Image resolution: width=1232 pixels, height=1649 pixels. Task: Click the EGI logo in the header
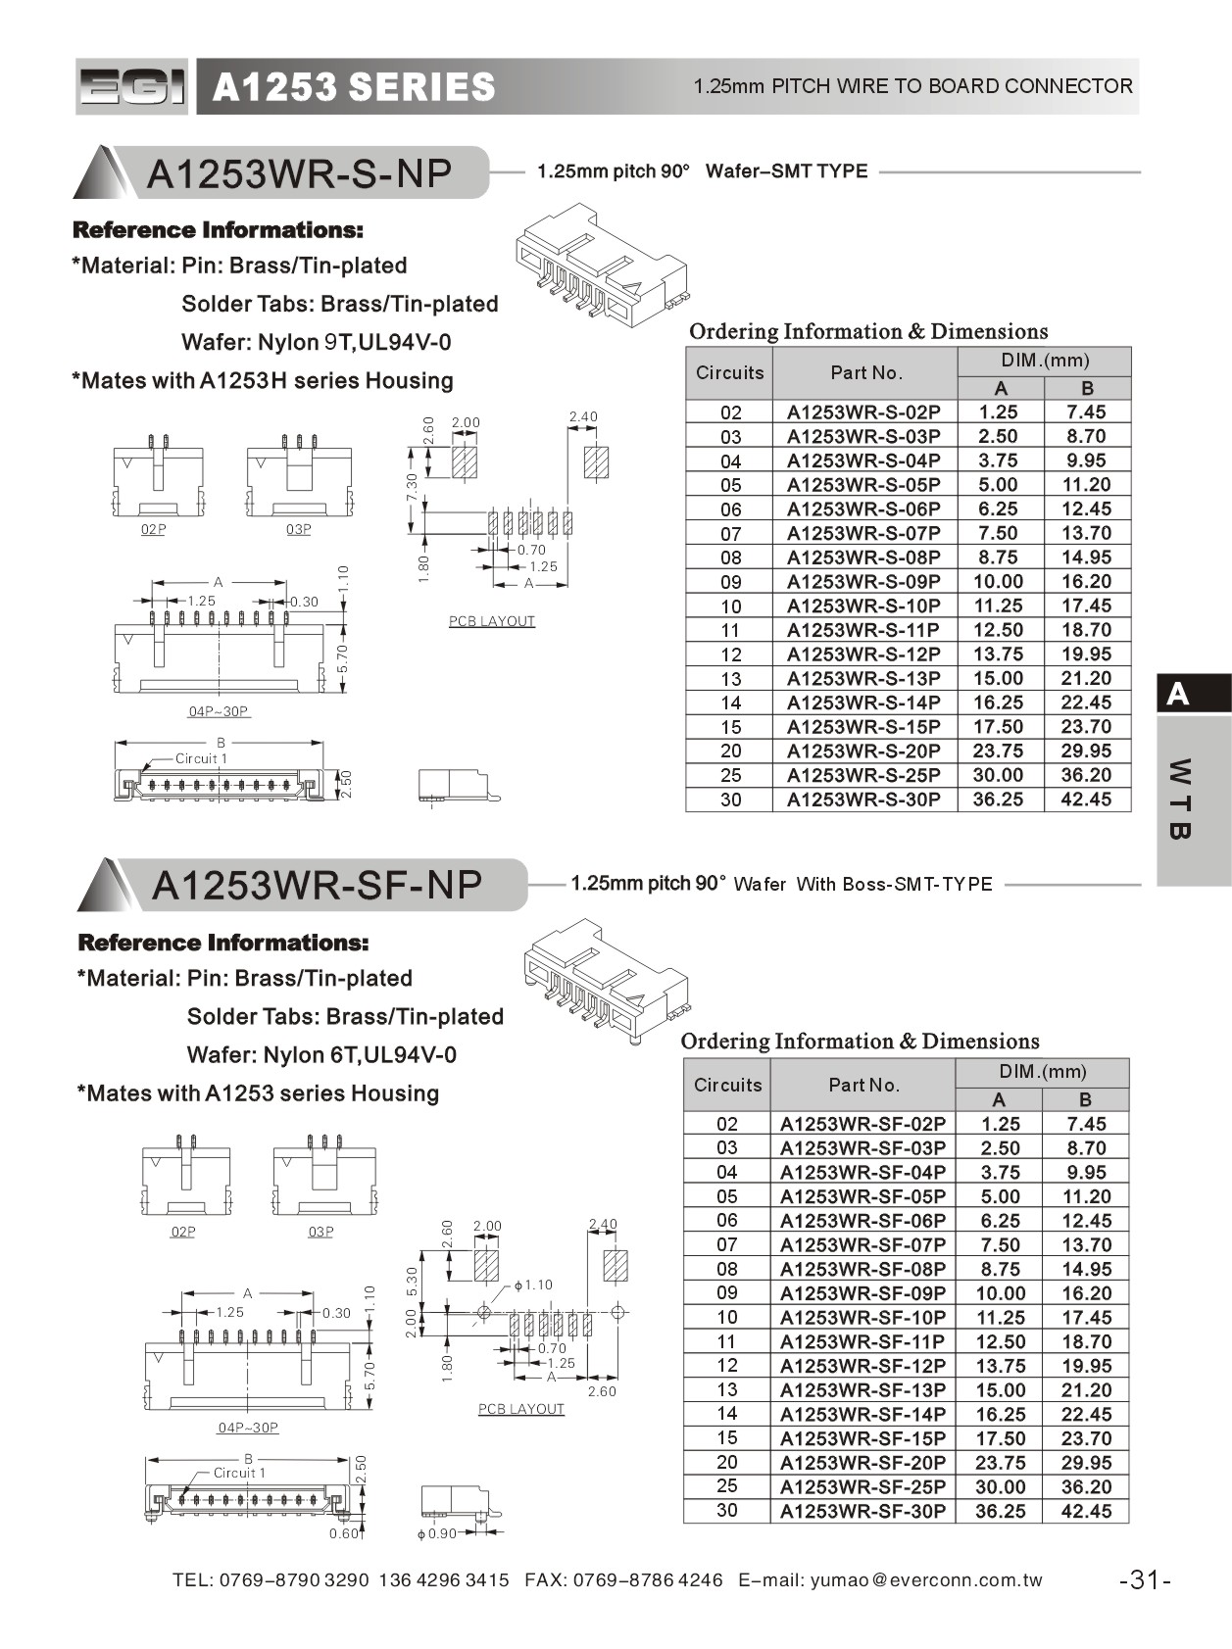[131, 87]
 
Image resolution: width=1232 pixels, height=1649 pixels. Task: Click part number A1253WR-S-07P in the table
[862, 533]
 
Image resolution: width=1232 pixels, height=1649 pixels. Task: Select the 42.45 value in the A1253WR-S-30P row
[1086, 800]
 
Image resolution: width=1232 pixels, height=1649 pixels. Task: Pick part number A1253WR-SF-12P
[862, 1366]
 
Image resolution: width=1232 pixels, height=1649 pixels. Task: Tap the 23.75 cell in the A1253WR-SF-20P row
[1000, 1463]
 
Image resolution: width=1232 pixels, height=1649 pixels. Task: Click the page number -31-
[1145, 1579]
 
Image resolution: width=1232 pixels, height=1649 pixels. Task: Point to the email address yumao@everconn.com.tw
[926, 1579]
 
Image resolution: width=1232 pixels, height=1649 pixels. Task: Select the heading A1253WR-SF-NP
[317, 885]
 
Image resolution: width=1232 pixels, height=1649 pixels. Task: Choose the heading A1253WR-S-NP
[299, 173]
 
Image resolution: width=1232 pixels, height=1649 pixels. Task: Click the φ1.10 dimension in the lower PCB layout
[533, 1285]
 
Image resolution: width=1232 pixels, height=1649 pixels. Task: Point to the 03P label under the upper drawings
[298, 529]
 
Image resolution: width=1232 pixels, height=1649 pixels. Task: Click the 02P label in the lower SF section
[183, 1232]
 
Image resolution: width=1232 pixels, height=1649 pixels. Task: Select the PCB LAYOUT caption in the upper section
[492, 621]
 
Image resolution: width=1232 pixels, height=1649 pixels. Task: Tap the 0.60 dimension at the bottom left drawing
[343, 1533]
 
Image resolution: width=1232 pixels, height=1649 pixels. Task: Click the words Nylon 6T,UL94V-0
[359, 1055]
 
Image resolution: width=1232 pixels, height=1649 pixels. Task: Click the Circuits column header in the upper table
[729, 372]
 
